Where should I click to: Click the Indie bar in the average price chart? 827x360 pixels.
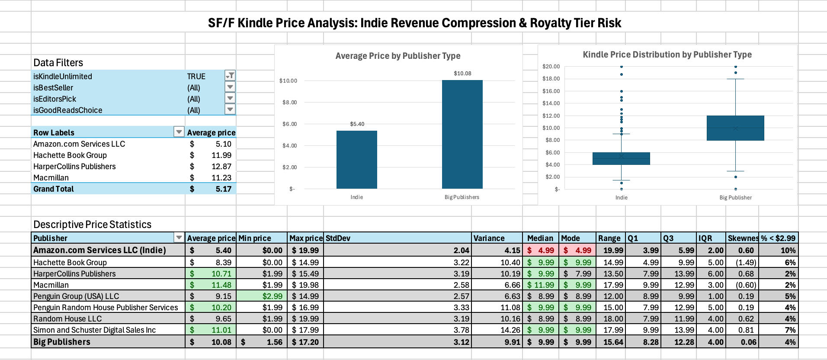pyautogui.click(x=356, y=160)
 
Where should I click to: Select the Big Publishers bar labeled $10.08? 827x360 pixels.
pyautogui.click(x=462, y=135)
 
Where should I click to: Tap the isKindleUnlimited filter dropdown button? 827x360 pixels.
pyautogui.click(x=230, y=76)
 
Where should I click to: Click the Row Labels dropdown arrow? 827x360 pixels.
pyautogui.click(x=179, y=132)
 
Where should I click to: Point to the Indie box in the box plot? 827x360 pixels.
pyautogui.click(x=621, y=158)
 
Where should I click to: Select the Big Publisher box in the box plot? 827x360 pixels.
pyautogui.click(x=735, y=128)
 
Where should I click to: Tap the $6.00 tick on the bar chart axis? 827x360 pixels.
pyautogui.click(x=289, y=124)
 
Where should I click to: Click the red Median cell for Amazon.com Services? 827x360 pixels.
pyautogui.click(x=541, y=250)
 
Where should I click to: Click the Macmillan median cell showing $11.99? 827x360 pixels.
pyautogui.click(x=541, y=285)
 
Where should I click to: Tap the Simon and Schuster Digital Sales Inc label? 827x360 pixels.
pyautogui.click(x=94, y=330)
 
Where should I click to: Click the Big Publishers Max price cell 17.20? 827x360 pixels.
pyautogui.click(x=305, y=342)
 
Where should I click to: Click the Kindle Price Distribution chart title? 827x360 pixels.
pyautogui.click(x=667, y=55)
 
